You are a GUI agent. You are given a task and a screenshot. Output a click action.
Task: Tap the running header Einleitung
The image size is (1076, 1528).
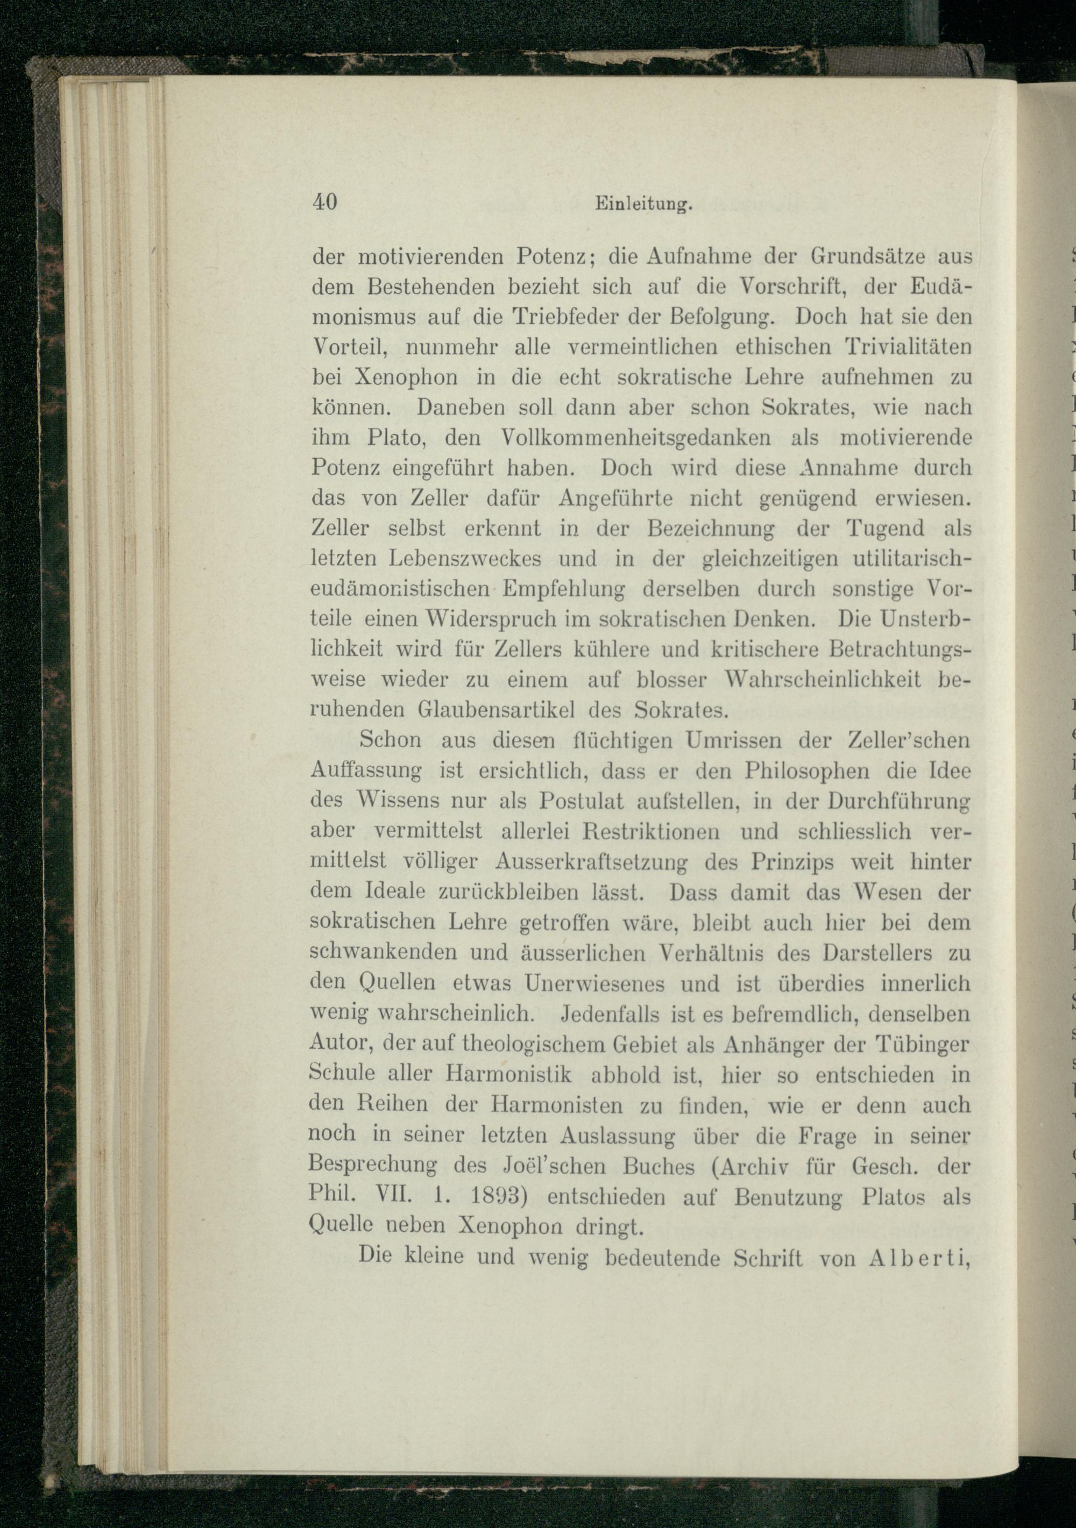(x=642, y=205)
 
